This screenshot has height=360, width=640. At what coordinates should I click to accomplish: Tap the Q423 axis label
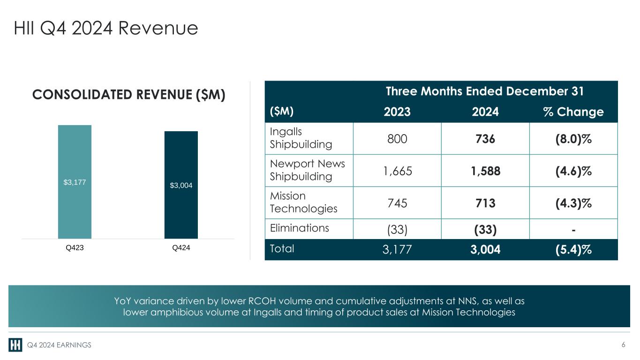click(75, 248)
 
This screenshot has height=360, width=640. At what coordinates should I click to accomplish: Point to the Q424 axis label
click(181, 248)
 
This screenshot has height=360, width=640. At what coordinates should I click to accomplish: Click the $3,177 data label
click(75, 182)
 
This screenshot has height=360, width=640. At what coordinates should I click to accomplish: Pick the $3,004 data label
click(181, 186)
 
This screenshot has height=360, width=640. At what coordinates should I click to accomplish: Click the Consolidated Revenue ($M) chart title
click(129, 95)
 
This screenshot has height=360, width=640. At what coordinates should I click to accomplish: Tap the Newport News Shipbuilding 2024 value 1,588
click(485, 171)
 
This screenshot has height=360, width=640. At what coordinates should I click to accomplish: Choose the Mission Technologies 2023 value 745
click(397, 203)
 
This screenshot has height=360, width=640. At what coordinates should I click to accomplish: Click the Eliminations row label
click(300, 228)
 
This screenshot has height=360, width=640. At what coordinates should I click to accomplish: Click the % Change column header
click(573, 112)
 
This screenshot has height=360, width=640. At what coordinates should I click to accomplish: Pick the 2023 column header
click(397, 112)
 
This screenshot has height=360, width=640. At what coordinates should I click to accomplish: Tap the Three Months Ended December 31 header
click(485, 91)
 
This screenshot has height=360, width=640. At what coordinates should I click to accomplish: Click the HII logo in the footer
click(15, 345)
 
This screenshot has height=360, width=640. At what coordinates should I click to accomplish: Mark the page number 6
click(623, 345)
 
